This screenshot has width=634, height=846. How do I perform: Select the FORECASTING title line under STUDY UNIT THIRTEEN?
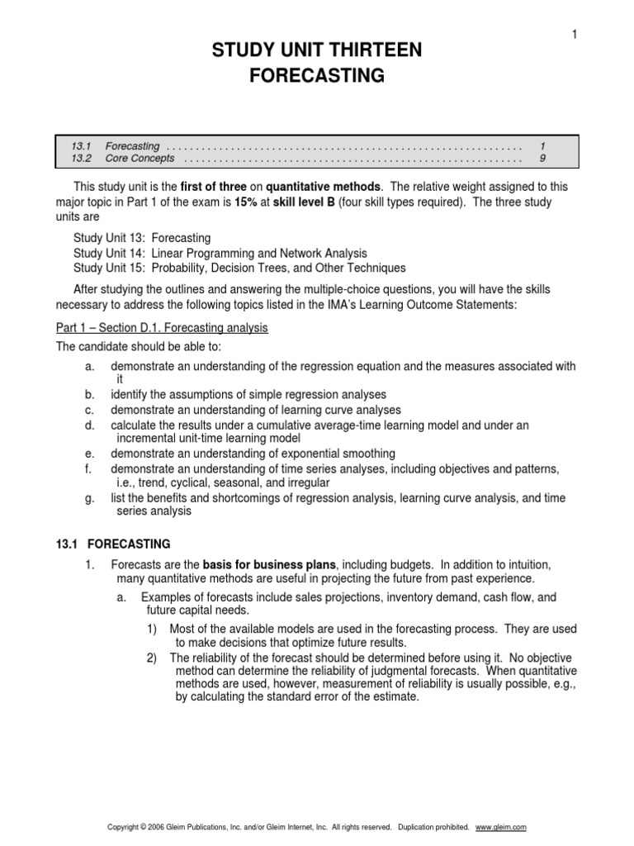[x=317, y=77]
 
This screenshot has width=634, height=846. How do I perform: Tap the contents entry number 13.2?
[x=80, y=158]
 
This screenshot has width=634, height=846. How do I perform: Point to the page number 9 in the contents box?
[x=542, y=158]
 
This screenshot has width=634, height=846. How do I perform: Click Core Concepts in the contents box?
[x=140, y=158]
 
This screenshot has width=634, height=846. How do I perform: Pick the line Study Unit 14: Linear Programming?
[x=220, y=253]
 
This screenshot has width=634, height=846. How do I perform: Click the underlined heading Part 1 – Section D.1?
[x=161, y=328]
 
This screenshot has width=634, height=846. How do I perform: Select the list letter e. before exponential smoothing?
[x=89, y=454]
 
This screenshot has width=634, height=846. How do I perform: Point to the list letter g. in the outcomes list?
[x=89, y=497]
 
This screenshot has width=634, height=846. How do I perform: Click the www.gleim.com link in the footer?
[x=501, y=827]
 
